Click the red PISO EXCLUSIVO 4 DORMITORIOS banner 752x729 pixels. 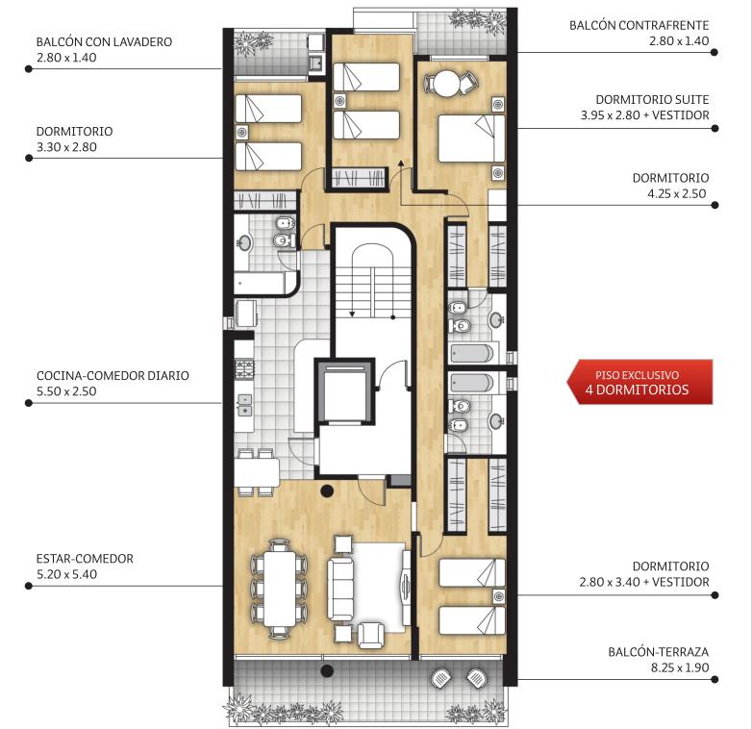639,382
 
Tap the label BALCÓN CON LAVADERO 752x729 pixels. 104,41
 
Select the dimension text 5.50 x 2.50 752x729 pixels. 66,391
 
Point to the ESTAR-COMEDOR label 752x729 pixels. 85,558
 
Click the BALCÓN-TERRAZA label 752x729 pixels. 659,652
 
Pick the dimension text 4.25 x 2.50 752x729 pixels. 677,193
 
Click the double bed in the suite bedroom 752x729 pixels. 472,138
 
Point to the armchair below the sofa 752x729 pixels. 371,635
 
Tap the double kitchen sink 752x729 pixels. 244,405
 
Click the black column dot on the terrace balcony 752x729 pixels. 327,670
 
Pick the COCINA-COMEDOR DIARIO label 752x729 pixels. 113,375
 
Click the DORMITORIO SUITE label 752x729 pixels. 652,100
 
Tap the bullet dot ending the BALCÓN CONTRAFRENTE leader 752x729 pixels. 714,52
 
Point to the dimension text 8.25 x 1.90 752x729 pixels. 680,667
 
